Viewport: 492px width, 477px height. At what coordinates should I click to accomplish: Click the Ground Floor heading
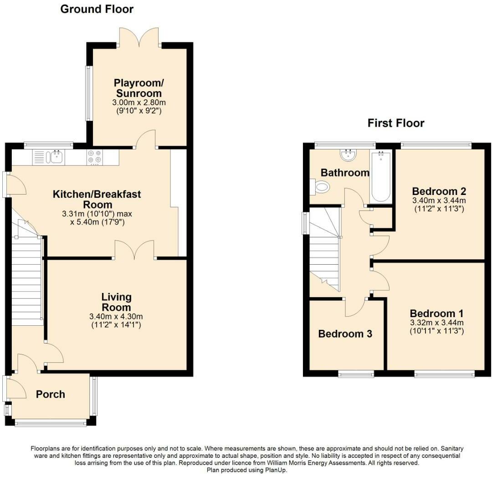tap(97, 9)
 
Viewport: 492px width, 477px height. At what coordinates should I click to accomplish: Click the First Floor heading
tap(396, 123)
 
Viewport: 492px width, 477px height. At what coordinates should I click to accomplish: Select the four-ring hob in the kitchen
tap(95, 157)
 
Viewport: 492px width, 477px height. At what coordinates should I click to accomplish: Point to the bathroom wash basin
tap(348, 155)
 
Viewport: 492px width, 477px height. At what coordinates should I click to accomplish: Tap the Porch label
tap(51, 395)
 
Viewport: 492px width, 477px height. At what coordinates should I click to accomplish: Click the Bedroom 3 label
tap(345, 334)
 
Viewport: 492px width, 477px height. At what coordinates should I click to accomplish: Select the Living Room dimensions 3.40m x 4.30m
tap(116, 317)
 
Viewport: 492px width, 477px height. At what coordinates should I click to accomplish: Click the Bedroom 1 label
tap(436, 314)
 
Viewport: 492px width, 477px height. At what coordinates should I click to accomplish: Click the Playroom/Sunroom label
tap(138, 88)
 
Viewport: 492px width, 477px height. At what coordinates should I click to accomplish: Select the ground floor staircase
tap(26, 282)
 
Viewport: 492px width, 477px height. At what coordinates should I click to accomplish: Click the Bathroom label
tap(345, 173)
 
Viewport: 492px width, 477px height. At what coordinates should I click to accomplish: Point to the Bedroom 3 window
tap(356, 374)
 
